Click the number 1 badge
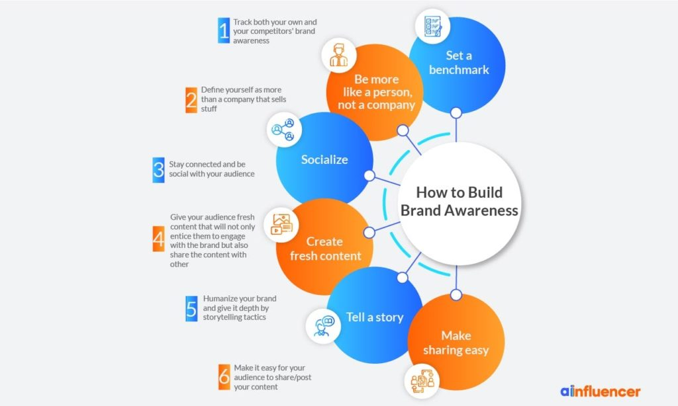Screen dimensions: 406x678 224,30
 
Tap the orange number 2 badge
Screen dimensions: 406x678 191,99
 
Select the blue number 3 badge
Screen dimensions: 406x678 158,169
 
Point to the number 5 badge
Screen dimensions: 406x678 191,308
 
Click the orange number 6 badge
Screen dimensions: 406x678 224,377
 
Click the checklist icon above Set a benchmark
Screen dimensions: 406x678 428,24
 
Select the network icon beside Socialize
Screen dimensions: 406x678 284,130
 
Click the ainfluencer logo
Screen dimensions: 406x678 600,391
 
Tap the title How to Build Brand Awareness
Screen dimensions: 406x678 459,202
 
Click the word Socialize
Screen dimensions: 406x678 324,159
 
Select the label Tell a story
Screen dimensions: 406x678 375,317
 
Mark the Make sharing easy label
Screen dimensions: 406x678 456,343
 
